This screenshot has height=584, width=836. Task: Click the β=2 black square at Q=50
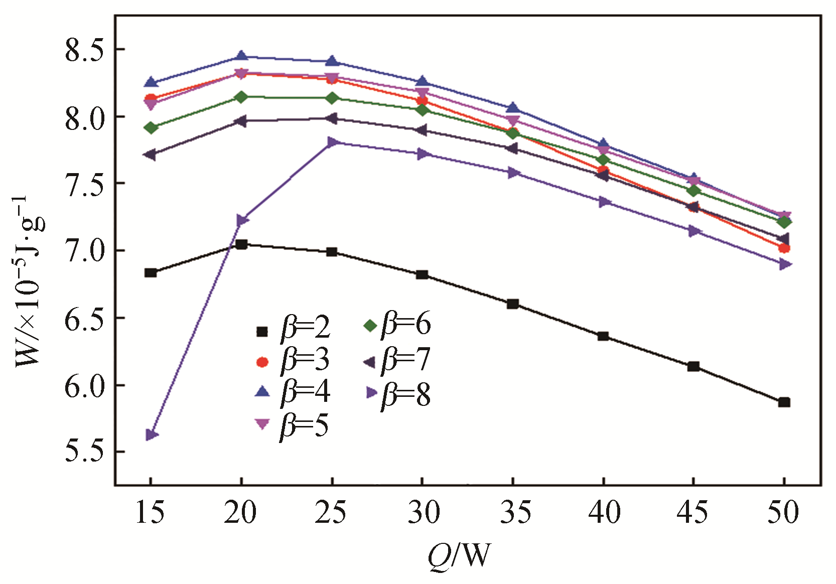pyautogui.click(x=784, y=402)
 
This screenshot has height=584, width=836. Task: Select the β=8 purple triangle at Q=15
pyautogui.click(x=152, y=434)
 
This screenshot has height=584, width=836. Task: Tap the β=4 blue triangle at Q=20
pyautogui.click(x=241, y=56)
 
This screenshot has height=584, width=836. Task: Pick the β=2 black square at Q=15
pyautogui.click(x=151, y=272)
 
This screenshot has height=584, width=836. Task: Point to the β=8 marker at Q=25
pyautogui.click(x=332, y=142)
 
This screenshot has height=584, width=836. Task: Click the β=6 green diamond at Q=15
pyautogui.click(x=151, y=127)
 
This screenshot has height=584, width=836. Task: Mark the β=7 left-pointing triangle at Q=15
pyautogui.click(x=150, y=155)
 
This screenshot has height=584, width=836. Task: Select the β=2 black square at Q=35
pyautogui.click(x=512, y=304)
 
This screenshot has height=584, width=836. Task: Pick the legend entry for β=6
pyautogui.click(x=396, y=325)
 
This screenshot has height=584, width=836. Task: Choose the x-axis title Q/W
pyautogui.click(x=459, y=555)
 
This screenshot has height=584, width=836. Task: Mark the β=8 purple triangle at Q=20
pyautogui.click(x=242, y=220)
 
